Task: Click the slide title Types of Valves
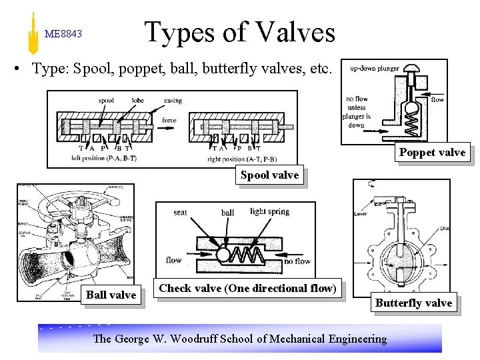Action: click(x=239, y=32)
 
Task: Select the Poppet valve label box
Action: click(x=432, y=153)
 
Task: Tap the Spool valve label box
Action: click(x=269, y=175)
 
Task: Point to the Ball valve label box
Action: click(x=111, y=295)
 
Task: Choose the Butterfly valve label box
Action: click(x=413, y=303)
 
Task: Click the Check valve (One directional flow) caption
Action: click(x=247, y=288)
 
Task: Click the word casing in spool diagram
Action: click(x=173, y=101)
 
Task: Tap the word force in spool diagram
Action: click(x=169, y=121)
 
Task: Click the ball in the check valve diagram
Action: click(x=223, y=254)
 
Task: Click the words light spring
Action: click(x=269, y=212)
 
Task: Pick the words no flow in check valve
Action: click(x=297, y=261)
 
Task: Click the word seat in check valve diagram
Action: click(x=180, y=213)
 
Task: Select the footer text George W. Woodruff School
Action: click(x=240, y=339)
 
